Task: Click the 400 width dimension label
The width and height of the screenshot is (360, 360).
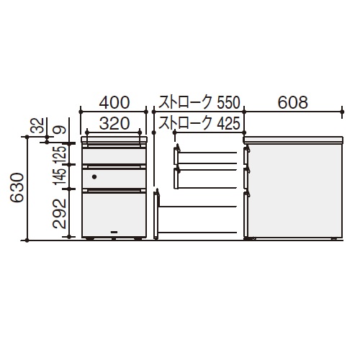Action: [x=114, y=102]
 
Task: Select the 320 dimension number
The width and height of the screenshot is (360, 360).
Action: [x=114, y=124]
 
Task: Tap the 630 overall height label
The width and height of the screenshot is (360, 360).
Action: [x=17, y=187]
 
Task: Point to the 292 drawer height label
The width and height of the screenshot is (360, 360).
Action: [x=59, y=214]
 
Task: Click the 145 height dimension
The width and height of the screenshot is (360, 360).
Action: [x=60, y=176]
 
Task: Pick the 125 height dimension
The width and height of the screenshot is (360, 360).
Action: [x=60, y=155]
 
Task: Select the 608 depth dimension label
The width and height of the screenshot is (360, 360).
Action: [x=293, y=102]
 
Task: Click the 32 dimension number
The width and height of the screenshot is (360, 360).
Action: [x=37, y=125]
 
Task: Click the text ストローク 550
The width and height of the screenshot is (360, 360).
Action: [x=199, y=103]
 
